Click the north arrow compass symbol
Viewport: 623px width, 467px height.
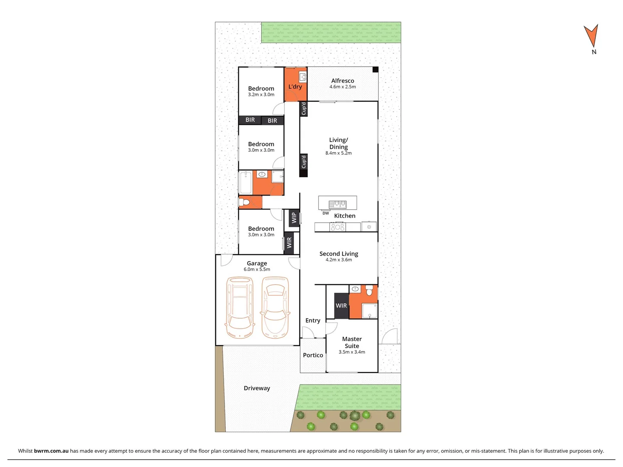pos(591,36)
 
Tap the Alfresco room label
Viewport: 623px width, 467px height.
pos(343,81)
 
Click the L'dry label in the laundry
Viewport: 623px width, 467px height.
pos(295,86)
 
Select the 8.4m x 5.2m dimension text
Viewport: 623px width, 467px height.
pos(338,153)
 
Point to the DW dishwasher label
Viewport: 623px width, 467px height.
pos(326,213)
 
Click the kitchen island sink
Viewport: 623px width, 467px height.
pos(337,204)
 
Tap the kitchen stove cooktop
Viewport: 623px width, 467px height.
pos(337,227)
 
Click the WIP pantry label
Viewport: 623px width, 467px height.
pos(294,218)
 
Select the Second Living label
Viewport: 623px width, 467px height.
pos(339,254)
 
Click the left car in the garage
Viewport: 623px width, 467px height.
pos(239,308)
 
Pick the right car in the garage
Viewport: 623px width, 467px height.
pos(275,308)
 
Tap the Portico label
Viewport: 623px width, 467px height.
pos(313,355)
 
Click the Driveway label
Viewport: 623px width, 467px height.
pos(257,388)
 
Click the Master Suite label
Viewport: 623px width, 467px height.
pos(352,342)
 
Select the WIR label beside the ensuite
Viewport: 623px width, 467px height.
pos(341,306)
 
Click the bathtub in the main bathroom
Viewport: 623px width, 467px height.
pos(246,182)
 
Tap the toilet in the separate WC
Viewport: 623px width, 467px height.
pos(245,202)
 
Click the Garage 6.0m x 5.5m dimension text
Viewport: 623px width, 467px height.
pos(257,269)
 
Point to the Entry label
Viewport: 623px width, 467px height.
pos(313,320)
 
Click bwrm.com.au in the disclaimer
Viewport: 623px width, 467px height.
pos(51,451)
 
